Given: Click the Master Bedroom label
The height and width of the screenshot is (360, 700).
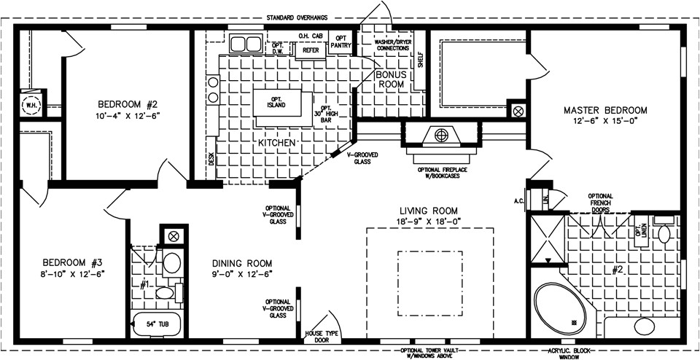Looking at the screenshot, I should pos(605,110).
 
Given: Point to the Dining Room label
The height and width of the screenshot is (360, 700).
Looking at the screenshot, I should pos(242,263).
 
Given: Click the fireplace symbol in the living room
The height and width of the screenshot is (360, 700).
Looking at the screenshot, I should pos(440,136).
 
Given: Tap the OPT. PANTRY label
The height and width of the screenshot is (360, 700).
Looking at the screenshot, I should pos(341,41).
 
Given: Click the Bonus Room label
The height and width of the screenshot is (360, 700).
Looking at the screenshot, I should pos(390,79).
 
